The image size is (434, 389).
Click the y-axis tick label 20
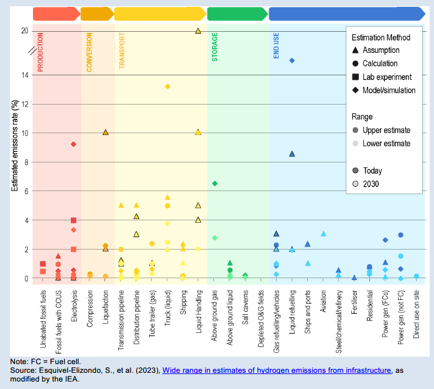24,31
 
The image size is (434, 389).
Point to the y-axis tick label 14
24,75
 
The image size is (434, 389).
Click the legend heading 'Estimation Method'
382,37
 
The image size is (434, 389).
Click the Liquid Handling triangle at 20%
198,30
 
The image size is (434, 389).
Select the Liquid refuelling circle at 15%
292,60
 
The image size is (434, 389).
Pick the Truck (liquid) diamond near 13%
167,87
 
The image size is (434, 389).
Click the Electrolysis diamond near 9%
73,144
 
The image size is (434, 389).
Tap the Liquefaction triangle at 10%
105,133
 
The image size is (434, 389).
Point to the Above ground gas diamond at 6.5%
215,184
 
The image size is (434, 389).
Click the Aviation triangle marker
323,233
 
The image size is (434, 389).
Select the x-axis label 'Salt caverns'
246,311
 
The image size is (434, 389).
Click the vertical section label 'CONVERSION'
89,55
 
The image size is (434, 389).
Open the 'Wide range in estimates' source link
277,370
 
